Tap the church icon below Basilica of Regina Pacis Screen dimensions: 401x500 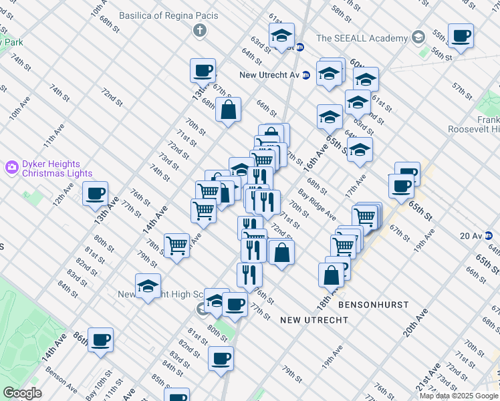[x=199, y=30]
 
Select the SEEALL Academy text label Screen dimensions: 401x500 [x=362, y=38]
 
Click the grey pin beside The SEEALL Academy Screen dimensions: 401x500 [x=418, y=37]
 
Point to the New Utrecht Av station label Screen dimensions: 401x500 [x=270, y=74]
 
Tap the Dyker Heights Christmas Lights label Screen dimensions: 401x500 [x=51, y=168]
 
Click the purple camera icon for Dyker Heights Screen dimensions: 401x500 [x=11, y=166]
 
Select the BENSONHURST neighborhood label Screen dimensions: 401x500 [x=373, y=304]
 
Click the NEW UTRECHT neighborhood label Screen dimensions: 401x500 [x=314, y=320]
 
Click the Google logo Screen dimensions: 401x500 [x=23, y=393]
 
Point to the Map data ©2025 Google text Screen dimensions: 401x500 [x=459, y=396]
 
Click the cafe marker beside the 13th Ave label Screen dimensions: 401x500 [x=95, y=193]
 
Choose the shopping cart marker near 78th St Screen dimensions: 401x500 [x=176, y=245]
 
